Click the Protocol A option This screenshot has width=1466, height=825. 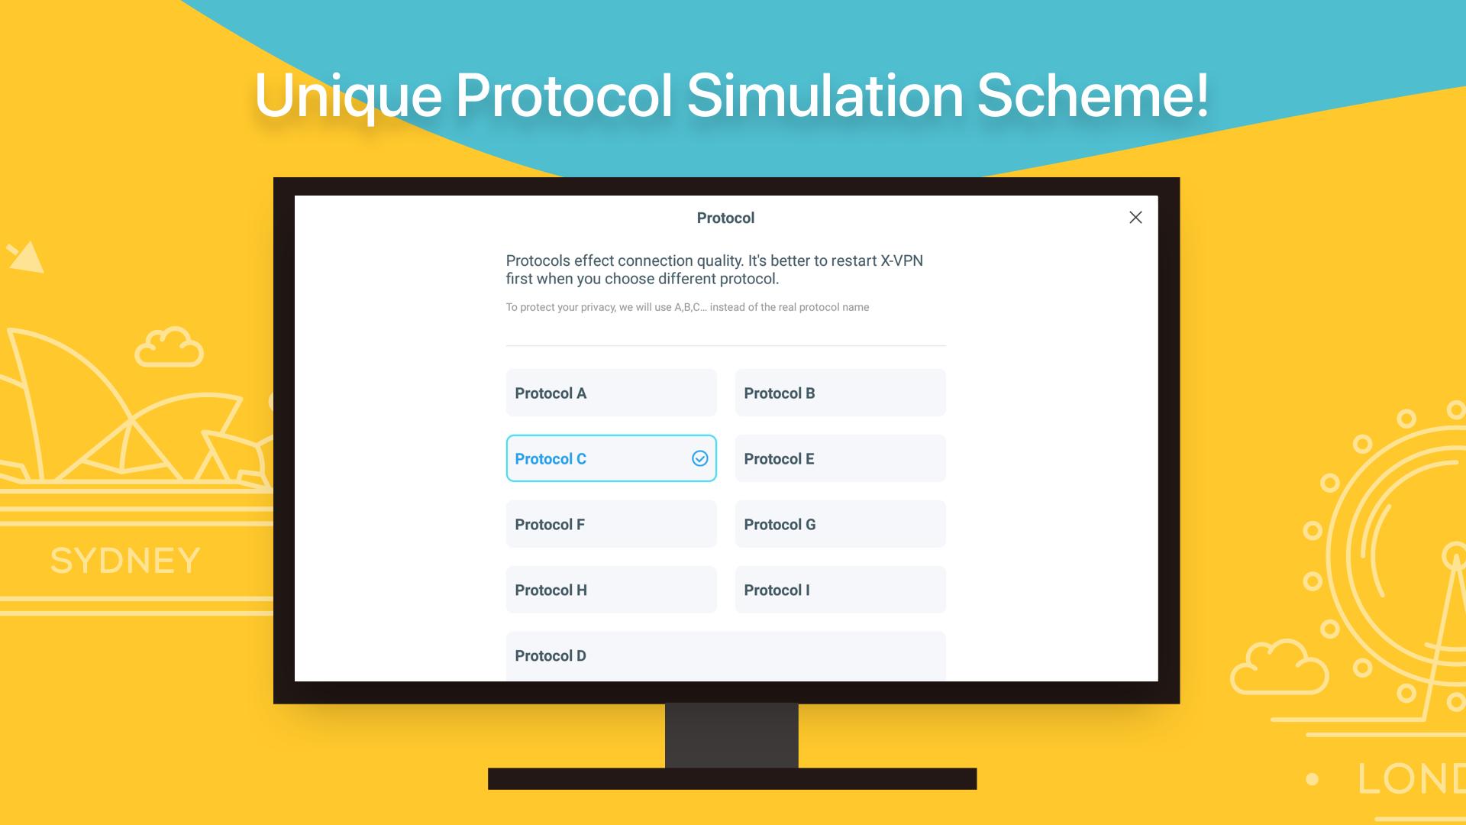pyautogui.click(x=611, y=393)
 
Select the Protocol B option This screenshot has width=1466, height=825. pyautogui.click(x=840, y=393)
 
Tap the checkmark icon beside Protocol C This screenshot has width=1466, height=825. pyautogui.click(x=699, y=458)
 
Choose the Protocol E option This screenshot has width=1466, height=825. pyautogui.click(x=840, y=458)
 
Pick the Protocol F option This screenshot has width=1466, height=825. pyautogui.click(x=611, y=524)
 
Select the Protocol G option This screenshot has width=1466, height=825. pyautogui.click(x=840, y=524)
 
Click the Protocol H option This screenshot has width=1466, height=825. pyautogui.click(x=611, y=590)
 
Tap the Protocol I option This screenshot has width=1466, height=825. pyautogui.click(x=840, y=590)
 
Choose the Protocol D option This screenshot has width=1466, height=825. pyautogui.click(x=725, y=655)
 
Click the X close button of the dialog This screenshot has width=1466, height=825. pyautogui.click(x=1135, y=218)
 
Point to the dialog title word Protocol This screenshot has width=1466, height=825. pyautogui.click(x=725, y=218)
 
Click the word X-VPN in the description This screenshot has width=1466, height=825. pyautogui.click(x=902, y=260)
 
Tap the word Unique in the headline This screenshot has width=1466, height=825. pyautogui.click(x=348, y=96)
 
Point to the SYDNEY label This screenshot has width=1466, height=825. pyautogui.click(x=125, y=561)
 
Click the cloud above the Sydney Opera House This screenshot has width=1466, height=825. pyautogui.click(x=169, y=348)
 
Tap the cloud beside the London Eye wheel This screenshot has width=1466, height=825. pyautogui.click(x=1280, y=667)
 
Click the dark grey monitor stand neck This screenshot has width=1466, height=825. pyautogui.click(x=731, y=736)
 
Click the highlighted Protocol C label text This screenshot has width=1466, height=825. pyautogui.click(x=551, y=459)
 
